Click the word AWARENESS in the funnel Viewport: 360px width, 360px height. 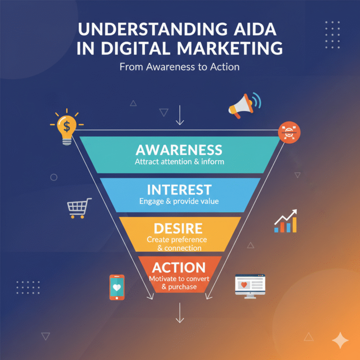(179, 150)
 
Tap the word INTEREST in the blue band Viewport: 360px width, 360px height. (179, 190)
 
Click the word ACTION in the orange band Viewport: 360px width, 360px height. (179, 268)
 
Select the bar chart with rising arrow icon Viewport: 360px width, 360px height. (286, 221)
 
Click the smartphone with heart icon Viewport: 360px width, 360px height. (117, 287)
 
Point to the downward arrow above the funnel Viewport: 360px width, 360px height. (179, 116)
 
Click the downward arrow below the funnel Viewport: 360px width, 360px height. (179, 313)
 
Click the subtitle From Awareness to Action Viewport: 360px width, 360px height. (180, 67)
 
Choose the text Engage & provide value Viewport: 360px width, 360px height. (179, 202)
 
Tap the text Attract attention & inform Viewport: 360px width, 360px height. (179, 162)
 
